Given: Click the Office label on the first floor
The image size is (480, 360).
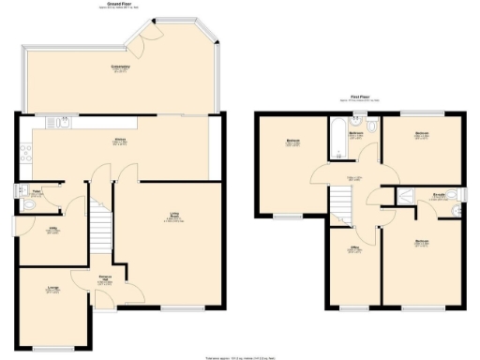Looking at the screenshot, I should click(x=355, y=250).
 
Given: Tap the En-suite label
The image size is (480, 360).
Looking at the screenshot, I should click(x=438, y=196).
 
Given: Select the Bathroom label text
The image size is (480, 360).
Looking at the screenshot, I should click(x=356, y=134).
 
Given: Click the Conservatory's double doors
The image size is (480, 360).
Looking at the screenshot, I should click(x=147, y=37).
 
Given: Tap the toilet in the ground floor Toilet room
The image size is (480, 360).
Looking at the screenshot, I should click(x=22, y=194).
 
